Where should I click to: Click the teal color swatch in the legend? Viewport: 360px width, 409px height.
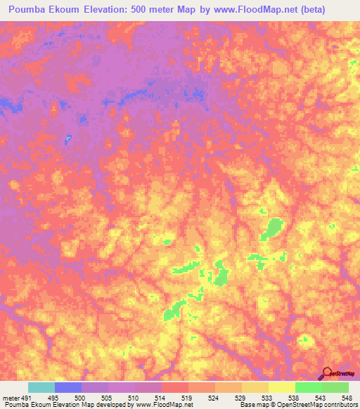click(x=41, y=387)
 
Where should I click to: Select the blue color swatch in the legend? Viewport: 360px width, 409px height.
click(x=68, y=387)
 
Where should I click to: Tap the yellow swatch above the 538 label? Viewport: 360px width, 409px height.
click(x=282, y=387)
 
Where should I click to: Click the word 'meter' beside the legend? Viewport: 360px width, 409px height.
click(x=11, y=397)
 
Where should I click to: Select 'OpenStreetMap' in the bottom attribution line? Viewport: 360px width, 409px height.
click(x=303, y=405)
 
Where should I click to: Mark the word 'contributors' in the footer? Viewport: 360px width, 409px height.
click(x=342, y=405)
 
